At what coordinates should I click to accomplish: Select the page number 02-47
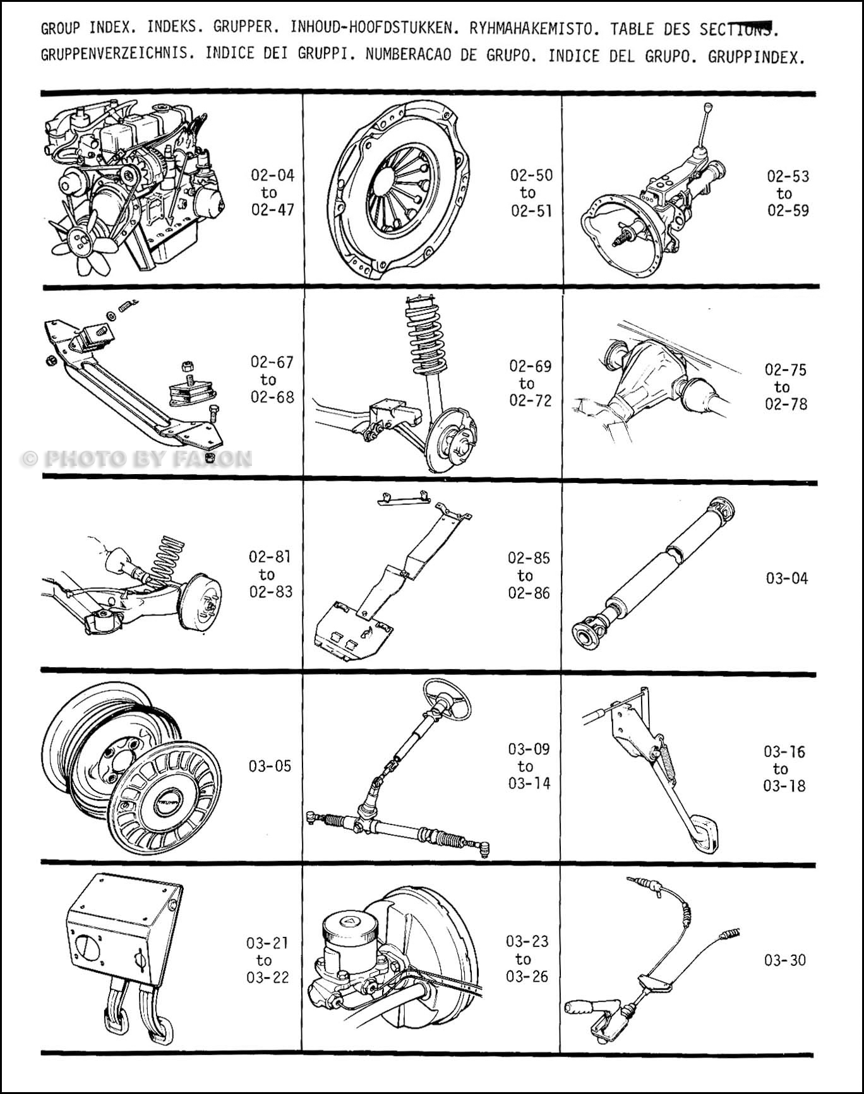273,210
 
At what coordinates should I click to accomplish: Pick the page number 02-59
788,211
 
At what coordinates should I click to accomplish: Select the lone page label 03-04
786,578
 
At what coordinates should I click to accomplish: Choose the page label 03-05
270,766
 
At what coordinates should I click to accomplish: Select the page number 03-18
784,786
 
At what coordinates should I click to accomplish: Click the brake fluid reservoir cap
349,923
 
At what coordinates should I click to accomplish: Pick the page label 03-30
785,960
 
